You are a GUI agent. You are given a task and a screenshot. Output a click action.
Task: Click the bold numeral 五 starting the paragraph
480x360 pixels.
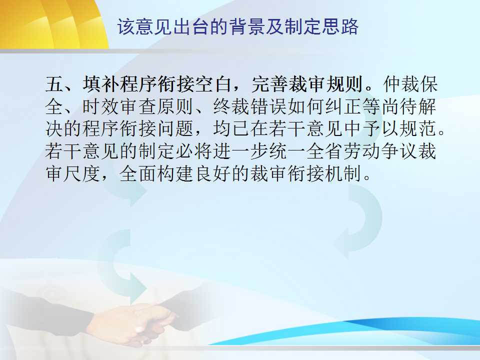click(54, 84)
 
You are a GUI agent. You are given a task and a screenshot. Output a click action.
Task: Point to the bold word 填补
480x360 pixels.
click(101, 84)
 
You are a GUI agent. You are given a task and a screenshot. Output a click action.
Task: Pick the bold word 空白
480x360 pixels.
click(213, 84)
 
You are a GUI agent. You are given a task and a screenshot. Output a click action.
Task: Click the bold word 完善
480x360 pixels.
click(269, 84)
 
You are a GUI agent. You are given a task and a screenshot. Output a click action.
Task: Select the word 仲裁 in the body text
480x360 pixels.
click(400, 84)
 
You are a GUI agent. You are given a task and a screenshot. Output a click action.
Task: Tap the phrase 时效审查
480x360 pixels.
click(119, 106)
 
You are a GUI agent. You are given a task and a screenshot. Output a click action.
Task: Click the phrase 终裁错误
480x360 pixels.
click(250, 106)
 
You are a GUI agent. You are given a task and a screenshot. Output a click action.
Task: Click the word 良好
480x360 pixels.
click(213, 173)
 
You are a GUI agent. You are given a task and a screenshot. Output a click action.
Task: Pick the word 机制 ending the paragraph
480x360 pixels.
click(344, 173)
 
